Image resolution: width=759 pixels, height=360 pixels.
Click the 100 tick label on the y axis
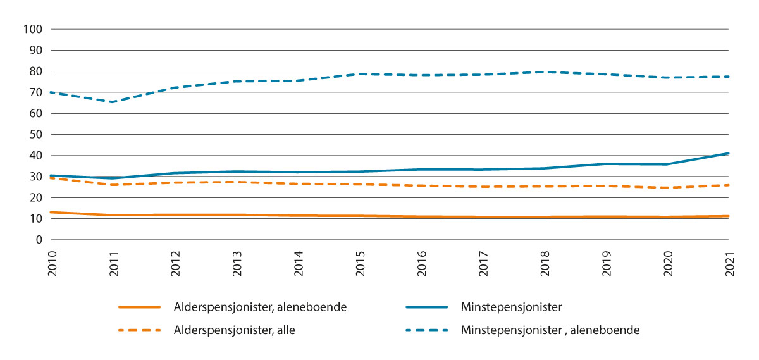point(32,29)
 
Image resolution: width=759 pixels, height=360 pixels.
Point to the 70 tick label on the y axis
point(34,92)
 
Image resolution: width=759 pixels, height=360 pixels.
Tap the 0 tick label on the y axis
point(39,240)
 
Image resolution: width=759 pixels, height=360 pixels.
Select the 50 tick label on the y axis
point(34,135)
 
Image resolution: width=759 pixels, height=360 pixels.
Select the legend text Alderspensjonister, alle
point(234,330)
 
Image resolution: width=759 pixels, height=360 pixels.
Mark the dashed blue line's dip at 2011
point(111,102)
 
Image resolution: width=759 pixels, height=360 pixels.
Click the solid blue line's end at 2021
point(728,153)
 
